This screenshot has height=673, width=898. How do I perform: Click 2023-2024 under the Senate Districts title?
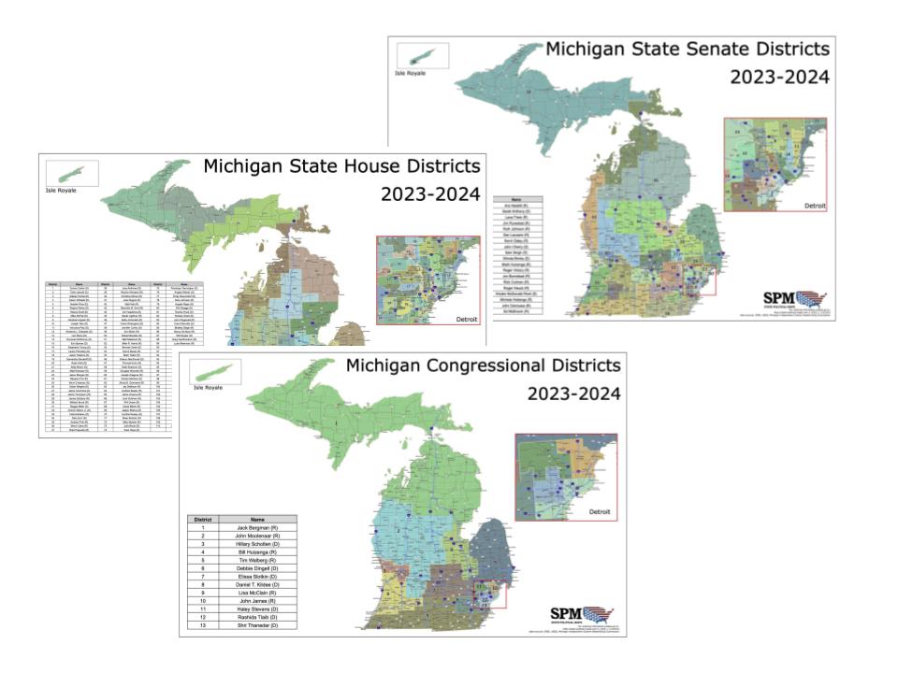click(x=779, y=78)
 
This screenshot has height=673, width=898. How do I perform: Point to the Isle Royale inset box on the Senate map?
click(x=422, y=55)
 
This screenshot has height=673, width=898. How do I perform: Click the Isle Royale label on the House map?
click(x=61, y=190)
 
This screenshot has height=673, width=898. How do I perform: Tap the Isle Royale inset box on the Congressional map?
click(x=216, y=372)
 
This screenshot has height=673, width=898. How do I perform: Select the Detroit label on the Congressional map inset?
click(x=602, y=512)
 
